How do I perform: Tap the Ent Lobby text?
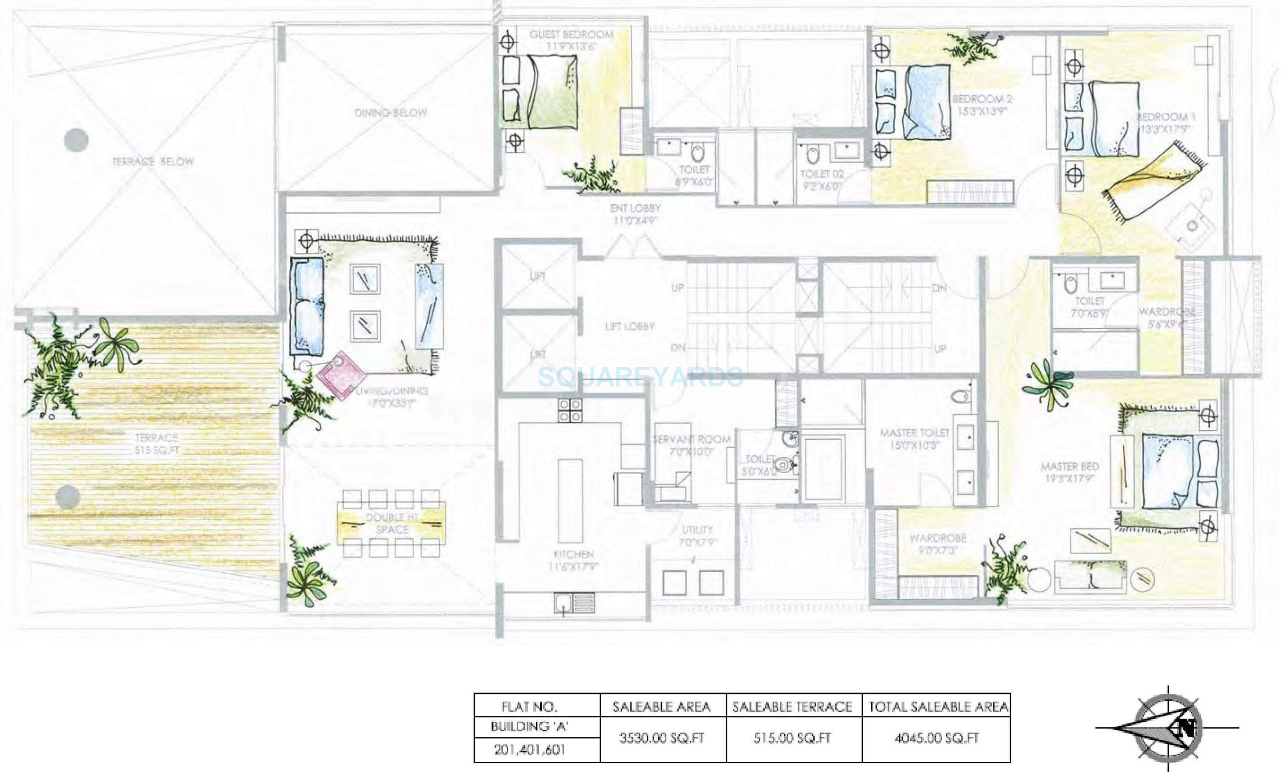pyautogui.click(x=635, y=208)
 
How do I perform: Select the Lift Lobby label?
pyautogui.click(x=630, y=327)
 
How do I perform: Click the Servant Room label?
pyautogui.click(x=692, y=440)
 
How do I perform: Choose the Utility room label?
pyautogui.click(x=697, y=530)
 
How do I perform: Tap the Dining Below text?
pyautogui.click(x=390, y=113)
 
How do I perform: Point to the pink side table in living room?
pyautogui.click(x=342, y=374)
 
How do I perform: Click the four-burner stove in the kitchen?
pyautogui.click(x=570, y=410)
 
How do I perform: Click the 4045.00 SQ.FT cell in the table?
pyautogui.click(x=936, y=738)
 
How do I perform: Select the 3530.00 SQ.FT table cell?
pyautogui.click(x=661, y=738)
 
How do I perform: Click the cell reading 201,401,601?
pyautogui.click(x=529, y=750)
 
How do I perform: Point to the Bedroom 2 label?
pyautogui.click(x=982, y=99)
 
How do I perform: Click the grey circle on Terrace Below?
pyautogui.click(x=76, y=140)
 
